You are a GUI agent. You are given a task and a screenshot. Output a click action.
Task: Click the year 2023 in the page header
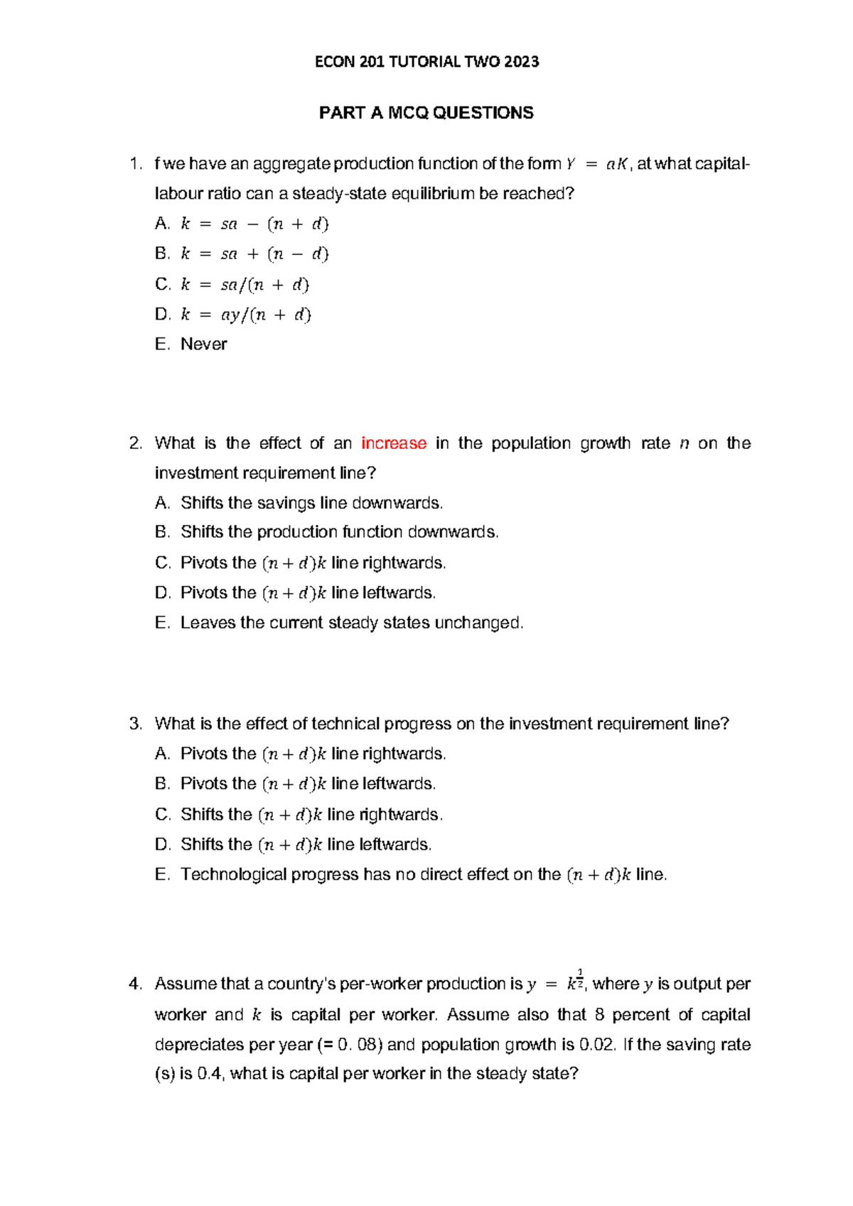tap(521, 62)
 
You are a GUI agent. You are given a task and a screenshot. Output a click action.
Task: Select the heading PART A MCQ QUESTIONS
tap(426, 113)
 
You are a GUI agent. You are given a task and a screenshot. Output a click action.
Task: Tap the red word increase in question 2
tap(394, 443)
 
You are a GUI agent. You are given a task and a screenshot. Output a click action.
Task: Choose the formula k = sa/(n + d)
tap(245, 285)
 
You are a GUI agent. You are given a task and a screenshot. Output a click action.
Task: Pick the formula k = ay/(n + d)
tap(246, 315)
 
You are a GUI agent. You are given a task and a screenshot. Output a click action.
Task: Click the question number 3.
tap(136, 724)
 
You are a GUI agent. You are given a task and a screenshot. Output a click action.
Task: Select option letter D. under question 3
tap(163, 844)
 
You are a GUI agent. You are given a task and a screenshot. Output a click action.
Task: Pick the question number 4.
tap(136, 984)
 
